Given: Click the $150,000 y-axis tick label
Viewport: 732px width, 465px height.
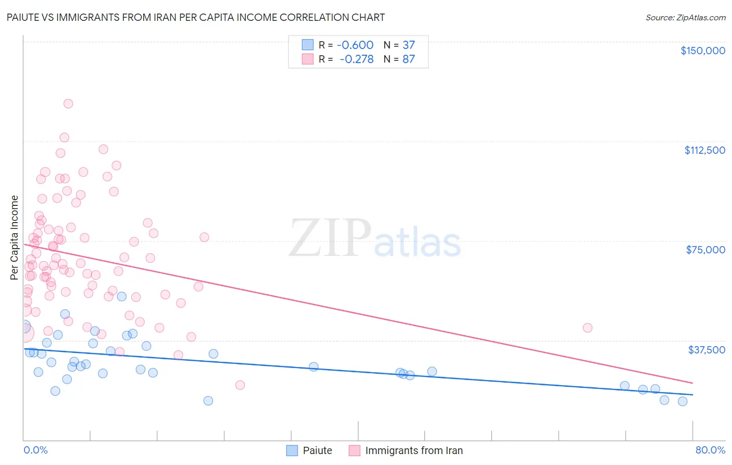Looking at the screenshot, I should tap(702, 51).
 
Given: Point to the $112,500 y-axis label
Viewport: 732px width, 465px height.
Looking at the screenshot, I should tap(704, 150).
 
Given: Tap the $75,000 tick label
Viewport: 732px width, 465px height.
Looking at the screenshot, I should tap(705, 250).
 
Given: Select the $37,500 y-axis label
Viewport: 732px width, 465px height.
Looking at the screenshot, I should tap(706, 350).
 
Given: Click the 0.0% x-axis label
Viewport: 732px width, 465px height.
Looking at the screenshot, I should tap(35, 450).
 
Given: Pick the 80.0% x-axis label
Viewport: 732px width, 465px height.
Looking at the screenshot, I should tap(710, 450).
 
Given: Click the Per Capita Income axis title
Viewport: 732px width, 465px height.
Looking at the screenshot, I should tap(15, 237).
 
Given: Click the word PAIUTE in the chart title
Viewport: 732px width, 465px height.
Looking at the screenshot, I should tap(25, 17).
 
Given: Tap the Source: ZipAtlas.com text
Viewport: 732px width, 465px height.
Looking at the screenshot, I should tap(685, 18).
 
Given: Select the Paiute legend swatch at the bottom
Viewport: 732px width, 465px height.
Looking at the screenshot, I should tap(292, 450).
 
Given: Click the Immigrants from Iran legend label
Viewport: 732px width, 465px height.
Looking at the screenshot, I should tap(414, 450).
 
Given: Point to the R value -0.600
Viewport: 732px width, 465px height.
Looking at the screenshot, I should tap(355, 45).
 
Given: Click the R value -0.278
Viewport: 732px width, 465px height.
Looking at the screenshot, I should tap(357, 59).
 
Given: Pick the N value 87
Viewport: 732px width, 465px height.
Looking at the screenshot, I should tap(409, 59).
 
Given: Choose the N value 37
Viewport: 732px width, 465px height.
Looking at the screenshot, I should tap(409, 45).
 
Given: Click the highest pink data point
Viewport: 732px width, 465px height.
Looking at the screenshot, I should tap(68, 104).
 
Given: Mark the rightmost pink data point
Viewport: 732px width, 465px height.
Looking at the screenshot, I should tap(587, 328).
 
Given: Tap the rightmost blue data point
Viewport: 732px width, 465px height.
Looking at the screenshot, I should tap(683, 401).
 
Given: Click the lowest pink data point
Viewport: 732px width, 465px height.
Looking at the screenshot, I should tap(240, 385).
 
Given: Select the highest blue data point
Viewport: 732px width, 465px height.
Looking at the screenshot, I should tap(122, 297).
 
